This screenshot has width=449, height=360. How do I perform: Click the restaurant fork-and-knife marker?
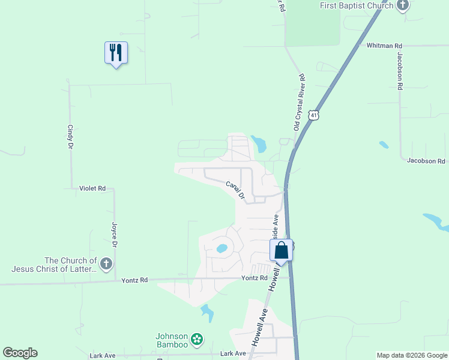pos(116,53)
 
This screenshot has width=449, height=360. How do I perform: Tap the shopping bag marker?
pos(281,250)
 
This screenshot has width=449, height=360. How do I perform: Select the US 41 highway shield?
pos(313,115)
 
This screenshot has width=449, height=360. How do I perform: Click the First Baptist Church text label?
pos(356,5)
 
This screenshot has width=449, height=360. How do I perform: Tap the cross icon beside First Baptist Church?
pos(402,6)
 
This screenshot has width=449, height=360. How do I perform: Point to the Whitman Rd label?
pos(384,46)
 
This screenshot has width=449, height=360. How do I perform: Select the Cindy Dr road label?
pos(70,137)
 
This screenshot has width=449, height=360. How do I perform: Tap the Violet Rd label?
pos(92,188)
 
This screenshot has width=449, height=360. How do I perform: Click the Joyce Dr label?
pos(113,235)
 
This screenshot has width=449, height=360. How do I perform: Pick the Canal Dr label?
pos(236,190)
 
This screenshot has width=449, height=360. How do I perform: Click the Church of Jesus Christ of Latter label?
pos(54,265)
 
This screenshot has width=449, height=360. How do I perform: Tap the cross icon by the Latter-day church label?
pos(106,264)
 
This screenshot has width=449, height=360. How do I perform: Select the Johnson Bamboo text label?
pos(172,340)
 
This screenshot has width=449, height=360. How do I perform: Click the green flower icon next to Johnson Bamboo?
pos(197,340)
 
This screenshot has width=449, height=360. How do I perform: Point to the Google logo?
pos(20,353)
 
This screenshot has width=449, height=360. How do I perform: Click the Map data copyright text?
pos(412,355)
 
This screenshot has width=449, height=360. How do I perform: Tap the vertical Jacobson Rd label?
pos(399,71)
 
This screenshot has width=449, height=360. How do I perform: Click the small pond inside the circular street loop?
pos(222,248)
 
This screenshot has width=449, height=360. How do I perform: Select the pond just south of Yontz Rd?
pos(207,312)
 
